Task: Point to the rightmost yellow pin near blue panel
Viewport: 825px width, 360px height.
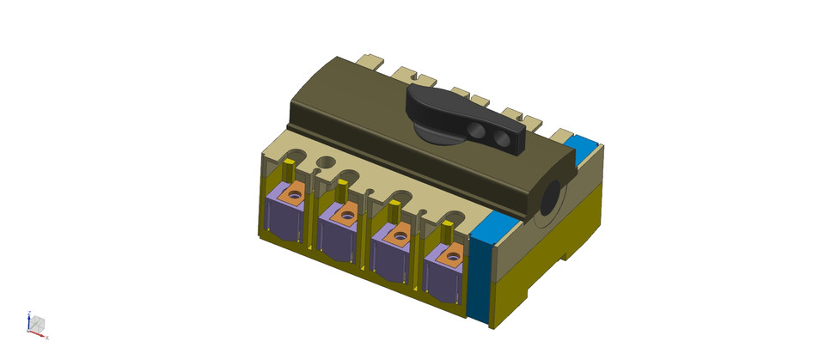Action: coord(447,232)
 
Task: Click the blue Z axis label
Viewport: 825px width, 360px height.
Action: coord(30,314)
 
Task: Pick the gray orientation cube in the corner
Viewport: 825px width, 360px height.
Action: coord(37,324)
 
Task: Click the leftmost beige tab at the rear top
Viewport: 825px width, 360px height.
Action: coord(370,62)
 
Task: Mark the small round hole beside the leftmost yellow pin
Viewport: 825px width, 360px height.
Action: coord(326,162)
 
